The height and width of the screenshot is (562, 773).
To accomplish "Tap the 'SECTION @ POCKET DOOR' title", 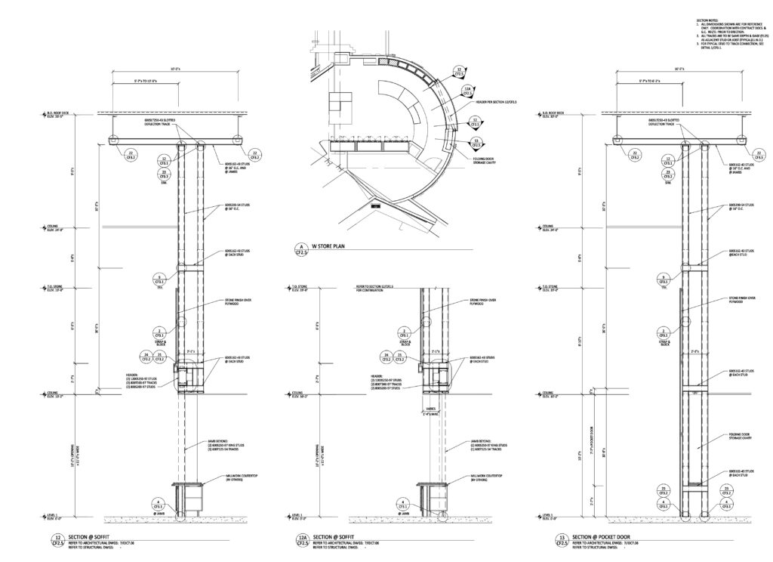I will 610,537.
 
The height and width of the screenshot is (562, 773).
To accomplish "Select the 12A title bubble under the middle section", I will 306,540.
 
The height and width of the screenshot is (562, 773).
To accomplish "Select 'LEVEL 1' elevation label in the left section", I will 54,516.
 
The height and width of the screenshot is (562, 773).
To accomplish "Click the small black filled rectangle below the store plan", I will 375,205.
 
